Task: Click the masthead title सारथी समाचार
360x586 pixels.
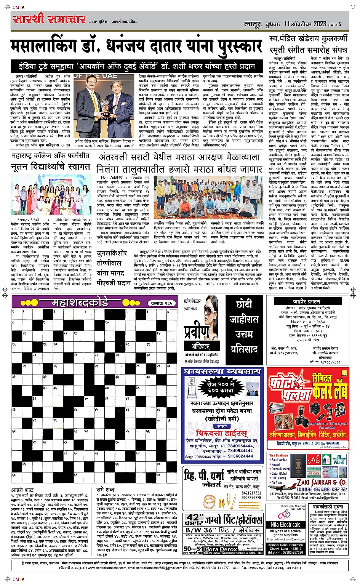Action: (49, 19)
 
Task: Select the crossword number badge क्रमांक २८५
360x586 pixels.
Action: (162, 303)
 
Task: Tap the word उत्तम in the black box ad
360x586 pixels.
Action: (244, 334)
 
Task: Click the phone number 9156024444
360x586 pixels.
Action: (240, 456)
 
